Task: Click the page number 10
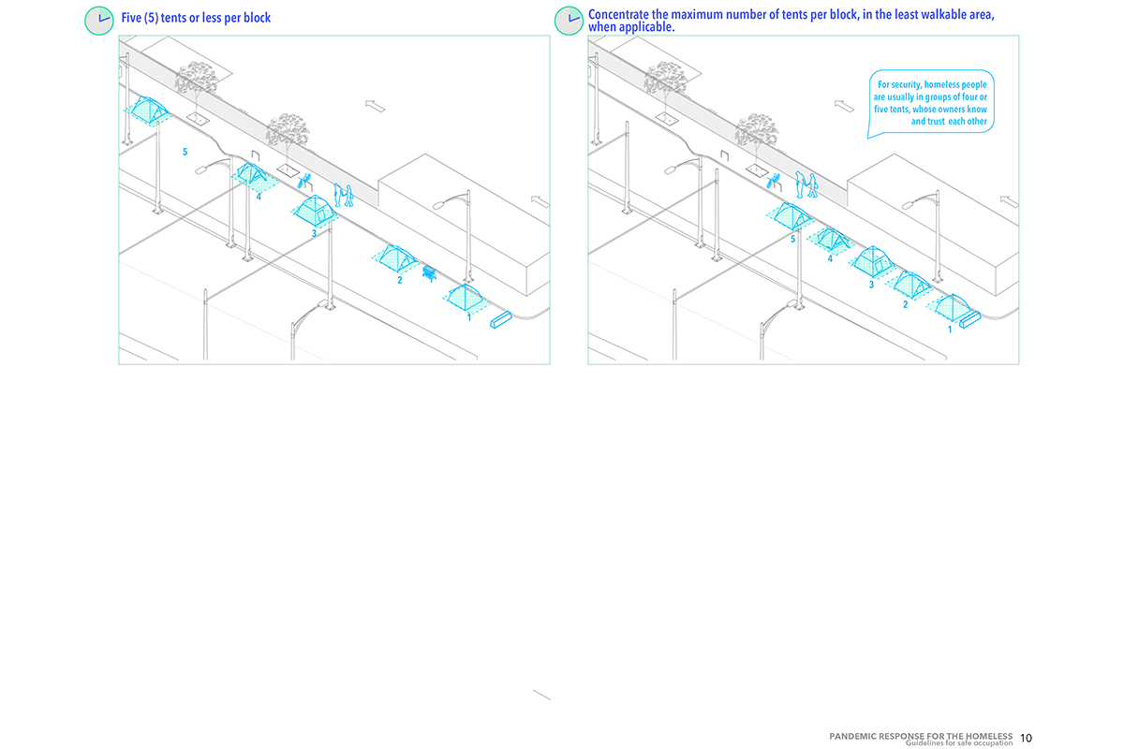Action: [1026, 738]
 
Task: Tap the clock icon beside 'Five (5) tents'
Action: [99, 21]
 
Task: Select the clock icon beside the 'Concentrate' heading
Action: [569, 21]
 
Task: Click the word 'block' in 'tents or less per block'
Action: [257, 18]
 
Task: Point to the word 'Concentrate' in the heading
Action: [619, 15]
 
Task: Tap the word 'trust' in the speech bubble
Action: [936, 121]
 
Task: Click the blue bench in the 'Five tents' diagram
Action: [429, 273]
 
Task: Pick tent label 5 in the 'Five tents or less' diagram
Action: [185, 152]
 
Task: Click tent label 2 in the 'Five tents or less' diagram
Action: [399, 280]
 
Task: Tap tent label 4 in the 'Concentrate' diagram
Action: [830, 258]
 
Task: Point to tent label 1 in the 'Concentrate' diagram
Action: [950, 330]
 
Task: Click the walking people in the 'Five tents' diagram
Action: [343, 195]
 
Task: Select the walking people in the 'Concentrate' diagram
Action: [806, 184]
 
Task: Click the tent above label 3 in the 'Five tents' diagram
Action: [315, 210]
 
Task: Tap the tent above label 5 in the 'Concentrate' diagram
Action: [791, 214]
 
